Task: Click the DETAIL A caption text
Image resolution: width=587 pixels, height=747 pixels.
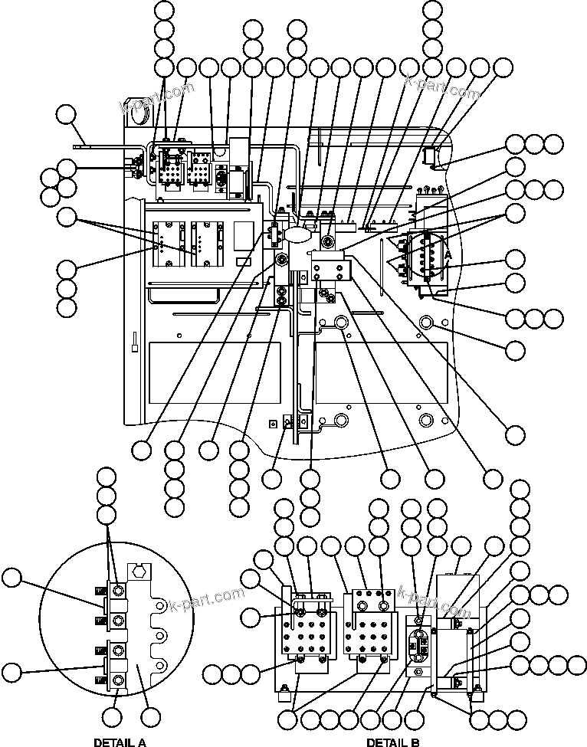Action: [x=120, y=742]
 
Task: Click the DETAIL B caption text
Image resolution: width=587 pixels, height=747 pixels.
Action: [x=392, y=742]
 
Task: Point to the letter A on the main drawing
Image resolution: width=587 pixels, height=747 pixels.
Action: [x=448, y=254]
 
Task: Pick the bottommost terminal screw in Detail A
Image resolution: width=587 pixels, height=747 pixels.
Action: [x=118, y=680]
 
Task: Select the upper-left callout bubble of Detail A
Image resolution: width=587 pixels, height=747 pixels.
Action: [x=13, y=578]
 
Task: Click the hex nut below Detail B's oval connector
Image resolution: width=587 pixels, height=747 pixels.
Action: [x=419, y=672]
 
